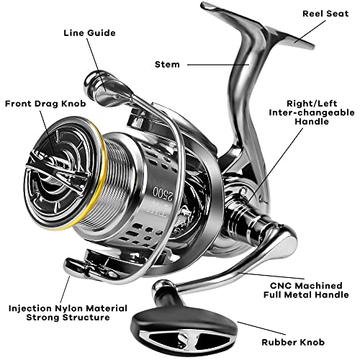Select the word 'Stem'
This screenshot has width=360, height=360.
coord(167,64)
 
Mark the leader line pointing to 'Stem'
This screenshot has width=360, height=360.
coord(217,64)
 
